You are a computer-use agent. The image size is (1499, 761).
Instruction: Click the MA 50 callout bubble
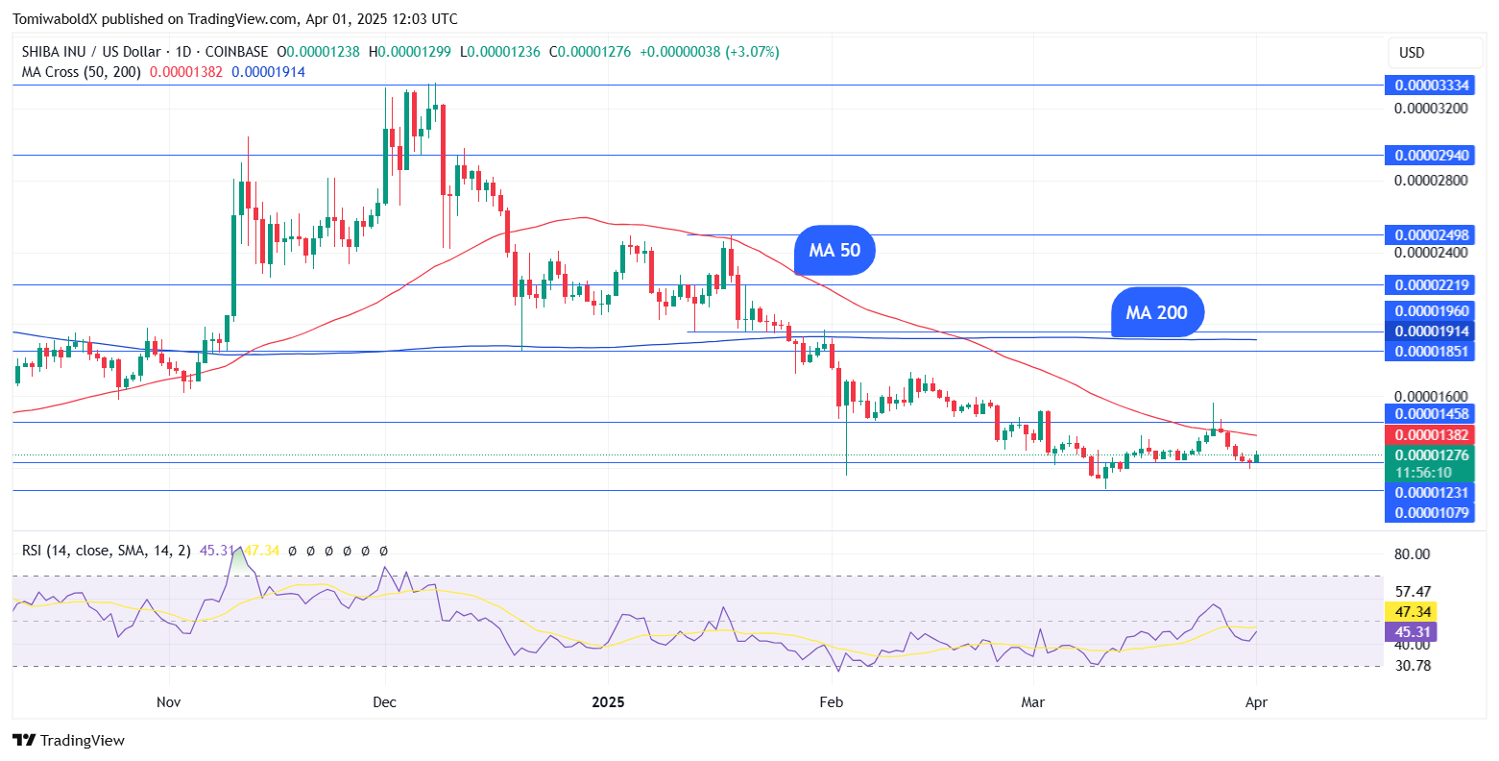[x=834, y=251]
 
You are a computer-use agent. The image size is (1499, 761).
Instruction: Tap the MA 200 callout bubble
[x=1156, y=312]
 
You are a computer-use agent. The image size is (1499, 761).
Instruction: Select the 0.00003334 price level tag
[x=1432, y=86]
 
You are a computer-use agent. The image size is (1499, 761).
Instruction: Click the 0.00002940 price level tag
[x=1432, y=156]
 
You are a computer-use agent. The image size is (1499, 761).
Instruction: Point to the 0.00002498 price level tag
[x=1432, y=235]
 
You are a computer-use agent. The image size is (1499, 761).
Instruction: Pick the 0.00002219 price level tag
[x=1432, y=285]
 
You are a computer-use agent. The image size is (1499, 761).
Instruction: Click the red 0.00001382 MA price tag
[x=1432, y=435]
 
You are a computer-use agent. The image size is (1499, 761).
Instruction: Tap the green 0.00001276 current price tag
[x=1432, y=455]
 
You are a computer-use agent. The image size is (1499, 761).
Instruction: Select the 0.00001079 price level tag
[x=1432, y=512]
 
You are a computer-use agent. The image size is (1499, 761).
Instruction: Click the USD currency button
[x=1411, y=53]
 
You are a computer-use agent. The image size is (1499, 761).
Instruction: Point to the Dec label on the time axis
[x=384, y=702]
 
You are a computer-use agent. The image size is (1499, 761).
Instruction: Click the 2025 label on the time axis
[x=608, y=702]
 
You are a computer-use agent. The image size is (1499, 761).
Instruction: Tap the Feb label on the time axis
[x=832, y=702]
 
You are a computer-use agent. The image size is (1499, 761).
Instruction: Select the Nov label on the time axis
[x=168, y=702]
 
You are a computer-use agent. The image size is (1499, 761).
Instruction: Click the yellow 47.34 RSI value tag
[x=1411, y=612]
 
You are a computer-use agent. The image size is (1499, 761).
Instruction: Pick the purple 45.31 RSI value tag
[x=1411, y=631]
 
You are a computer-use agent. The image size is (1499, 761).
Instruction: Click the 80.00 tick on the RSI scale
[x=1411, y=554]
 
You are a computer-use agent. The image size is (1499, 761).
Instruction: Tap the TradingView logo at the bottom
[x=69, y=741]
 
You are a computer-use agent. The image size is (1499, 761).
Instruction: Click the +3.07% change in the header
[x=753, y=52]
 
